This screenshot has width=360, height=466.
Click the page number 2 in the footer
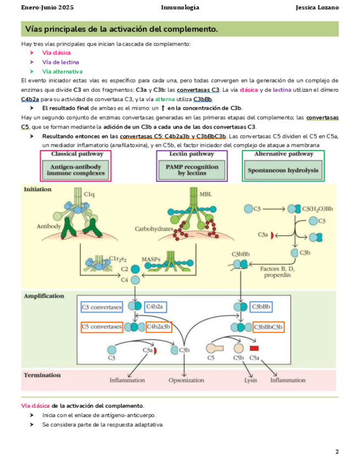336,451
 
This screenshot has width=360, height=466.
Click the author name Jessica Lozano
317,8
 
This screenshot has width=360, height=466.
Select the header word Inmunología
180,8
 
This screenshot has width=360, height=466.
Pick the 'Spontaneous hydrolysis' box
283,170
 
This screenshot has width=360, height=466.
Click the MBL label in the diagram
206,193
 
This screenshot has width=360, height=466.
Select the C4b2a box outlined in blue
158,307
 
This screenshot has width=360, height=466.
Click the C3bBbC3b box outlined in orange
269,327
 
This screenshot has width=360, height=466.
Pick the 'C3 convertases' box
102,307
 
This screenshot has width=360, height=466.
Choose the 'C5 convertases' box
102,327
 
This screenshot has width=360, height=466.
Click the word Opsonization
186,380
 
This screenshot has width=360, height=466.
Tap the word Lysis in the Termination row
251,380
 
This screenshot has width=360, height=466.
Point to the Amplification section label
44,296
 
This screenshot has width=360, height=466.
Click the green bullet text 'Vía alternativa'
62,71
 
